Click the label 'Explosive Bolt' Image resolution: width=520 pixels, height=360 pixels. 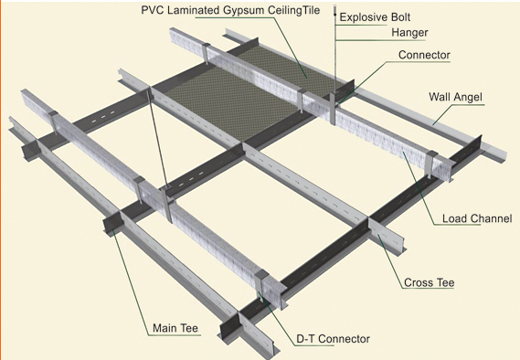point(375,17)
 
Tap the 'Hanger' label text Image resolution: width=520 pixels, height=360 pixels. point(409,33)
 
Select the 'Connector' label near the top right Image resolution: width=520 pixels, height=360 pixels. point(424,55)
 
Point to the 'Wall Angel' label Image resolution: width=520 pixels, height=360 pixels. point(455,97)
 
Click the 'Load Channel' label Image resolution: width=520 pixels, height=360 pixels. point(477,218)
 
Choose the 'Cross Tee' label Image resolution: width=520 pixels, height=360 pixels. point(430,282)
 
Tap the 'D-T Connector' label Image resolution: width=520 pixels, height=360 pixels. point(333,339)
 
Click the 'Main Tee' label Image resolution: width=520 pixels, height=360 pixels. point(175,328)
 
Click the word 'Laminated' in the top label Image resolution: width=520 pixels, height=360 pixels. point(194,10)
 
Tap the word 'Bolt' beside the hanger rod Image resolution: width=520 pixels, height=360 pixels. point(399,17)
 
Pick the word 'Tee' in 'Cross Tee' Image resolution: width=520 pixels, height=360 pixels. point(445,282)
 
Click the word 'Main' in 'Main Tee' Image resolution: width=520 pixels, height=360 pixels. point(164,328)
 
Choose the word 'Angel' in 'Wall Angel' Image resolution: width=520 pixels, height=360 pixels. point(468,98)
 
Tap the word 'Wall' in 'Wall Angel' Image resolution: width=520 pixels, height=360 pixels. point(440,97)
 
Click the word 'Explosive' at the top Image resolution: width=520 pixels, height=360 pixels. point(363,17)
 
